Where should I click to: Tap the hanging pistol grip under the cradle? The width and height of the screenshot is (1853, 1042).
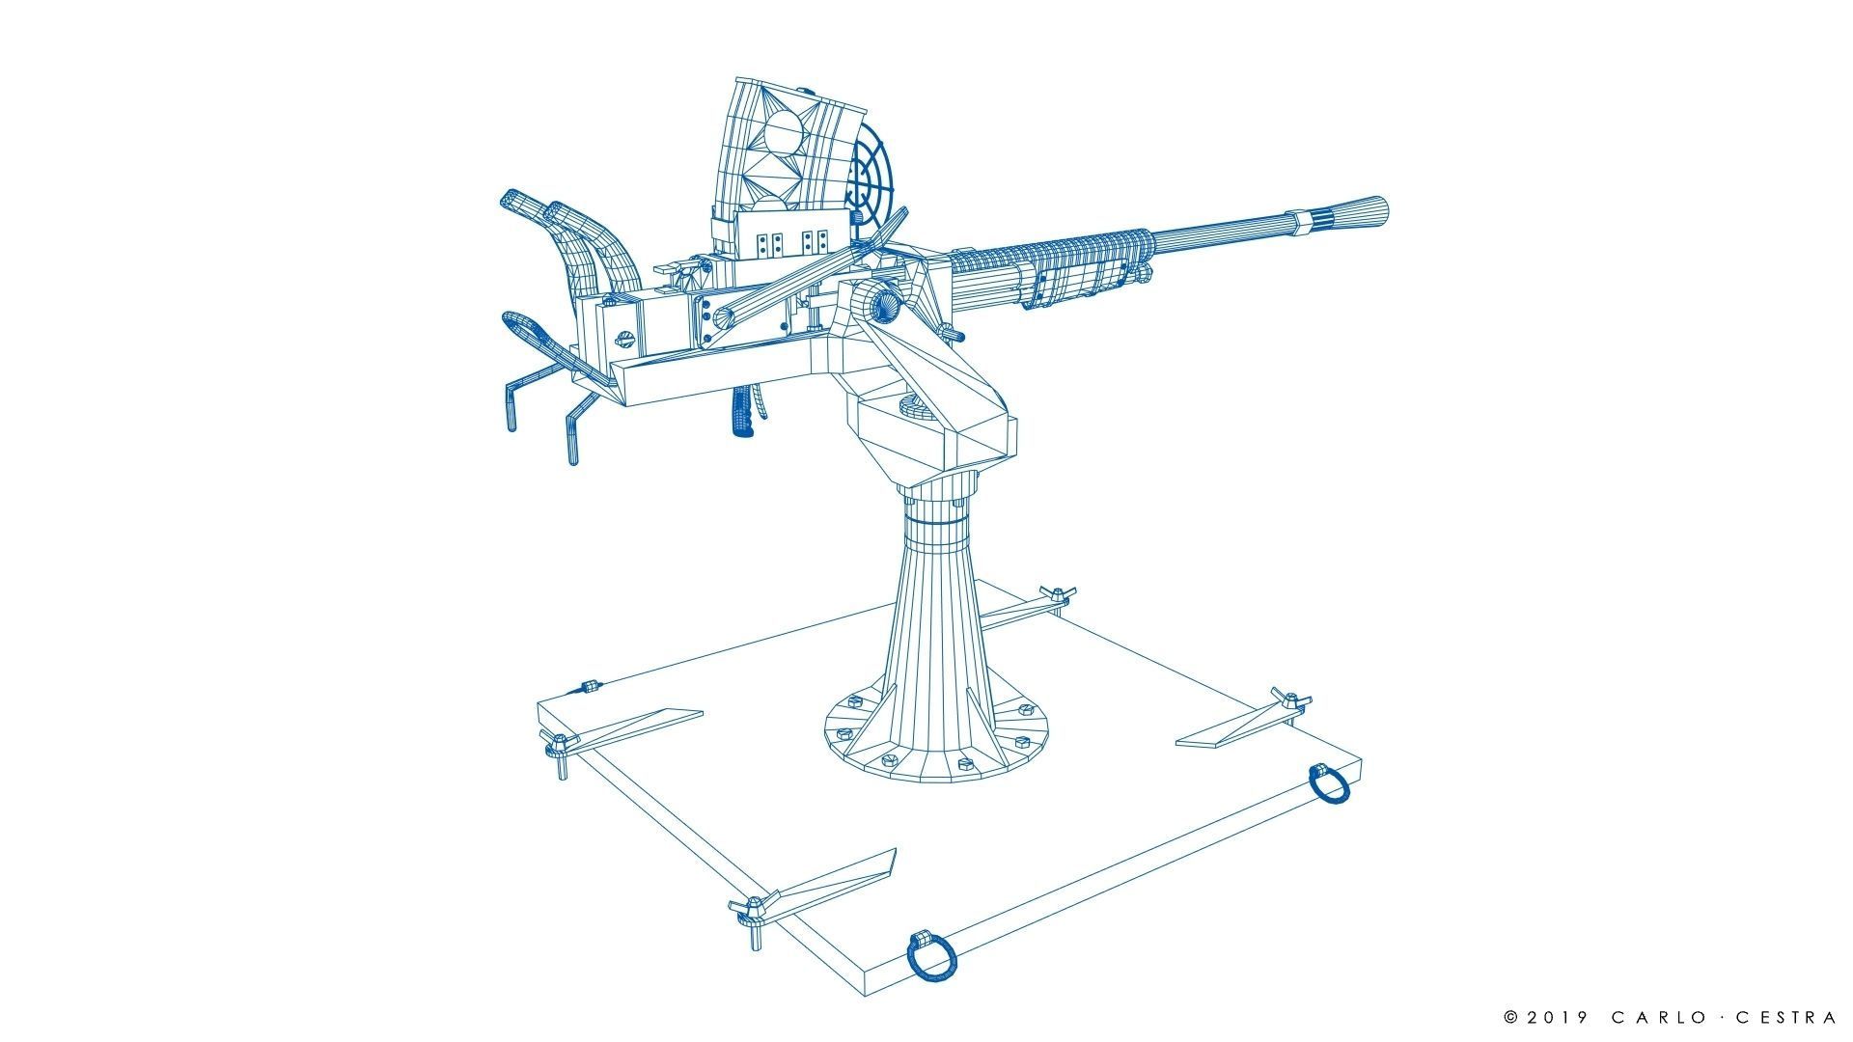pos(743,412)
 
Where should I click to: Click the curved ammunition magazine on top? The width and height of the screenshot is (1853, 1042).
pos(772,145)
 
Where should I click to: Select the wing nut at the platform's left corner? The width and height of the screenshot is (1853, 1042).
pos(558,744)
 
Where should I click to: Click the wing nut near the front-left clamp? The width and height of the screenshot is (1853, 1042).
pos(752,908)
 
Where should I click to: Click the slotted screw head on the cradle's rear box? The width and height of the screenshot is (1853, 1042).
pos(623,339)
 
